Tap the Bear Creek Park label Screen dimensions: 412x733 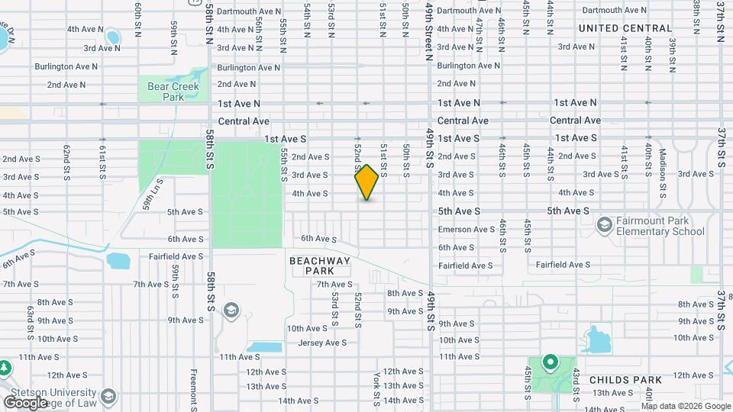pos(173,92)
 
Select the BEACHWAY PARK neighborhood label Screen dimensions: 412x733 pos(320,266)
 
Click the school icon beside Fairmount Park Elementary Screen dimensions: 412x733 pos(605,224)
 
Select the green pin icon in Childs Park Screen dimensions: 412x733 pos(549,362)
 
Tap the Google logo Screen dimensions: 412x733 pos(25,402)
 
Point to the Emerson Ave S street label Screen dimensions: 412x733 pos(466,230)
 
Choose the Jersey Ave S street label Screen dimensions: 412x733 pos(323,343)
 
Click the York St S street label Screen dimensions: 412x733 pos(377,389)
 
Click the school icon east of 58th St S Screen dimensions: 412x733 pos(231,310)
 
